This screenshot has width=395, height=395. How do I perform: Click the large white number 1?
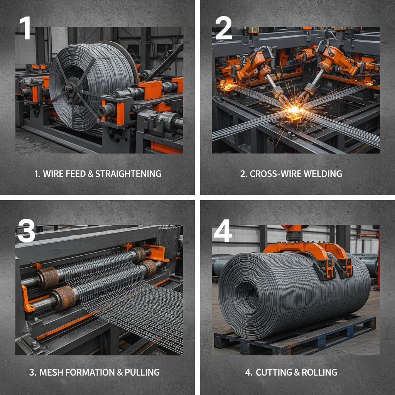point(25,28)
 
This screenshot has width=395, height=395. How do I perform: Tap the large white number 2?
point(223,28)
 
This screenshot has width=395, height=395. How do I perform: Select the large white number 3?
point(26,230)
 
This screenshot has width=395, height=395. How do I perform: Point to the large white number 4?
point(223,231)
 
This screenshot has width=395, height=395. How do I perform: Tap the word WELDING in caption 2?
point(323,174)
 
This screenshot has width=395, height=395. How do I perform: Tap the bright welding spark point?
point(294,110)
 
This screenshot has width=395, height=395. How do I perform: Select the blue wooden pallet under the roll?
point(295,335)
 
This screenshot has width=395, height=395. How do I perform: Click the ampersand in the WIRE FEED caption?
point(90,174)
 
